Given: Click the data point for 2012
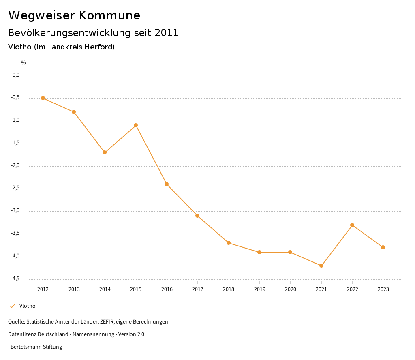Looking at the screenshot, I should coord(43,98).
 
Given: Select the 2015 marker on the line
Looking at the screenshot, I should coord(136,125).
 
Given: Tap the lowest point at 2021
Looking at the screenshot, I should coord(321,266).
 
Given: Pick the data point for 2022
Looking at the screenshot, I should coord(352,225).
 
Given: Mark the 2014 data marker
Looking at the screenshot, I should coord(105,152).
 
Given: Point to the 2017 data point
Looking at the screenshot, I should coord(197,216).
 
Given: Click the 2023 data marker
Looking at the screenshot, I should coord(383,247).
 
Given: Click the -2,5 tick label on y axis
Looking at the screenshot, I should coord(16,188).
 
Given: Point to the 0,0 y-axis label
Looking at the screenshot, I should coord(16,75).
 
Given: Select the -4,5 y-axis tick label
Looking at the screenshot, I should coord(16,279).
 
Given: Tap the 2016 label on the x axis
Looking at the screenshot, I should coord(167,289).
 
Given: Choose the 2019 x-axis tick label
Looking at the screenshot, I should coord(259,289).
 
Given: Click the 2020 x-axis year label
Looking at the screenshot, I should coord(290,289).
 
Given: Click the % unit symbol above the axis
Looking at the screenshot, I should coord(24,63).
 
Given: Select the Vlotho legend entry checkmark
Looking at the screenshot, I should coord(12,306).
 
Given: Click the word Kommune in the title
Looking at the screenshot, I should coord(109,15).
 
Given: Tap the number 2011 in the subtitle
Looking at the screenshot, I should coord(167,33).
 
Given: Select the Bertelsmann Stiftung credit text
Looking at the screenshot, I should coord(36,347).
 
